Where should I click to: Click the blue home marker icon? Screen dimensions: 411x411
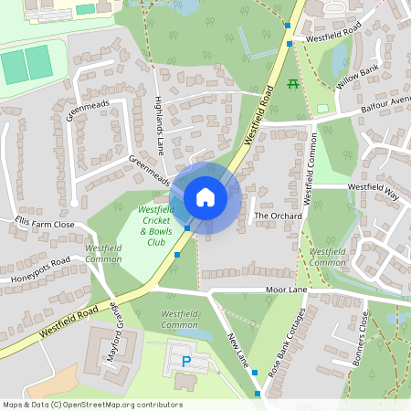pyautogui.click(x=205, y=197)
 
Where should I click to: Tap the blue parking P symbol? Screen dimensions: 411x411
pyautogui.click(x=186, y=362)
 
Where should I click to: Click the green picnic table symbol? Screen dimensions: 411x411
pyautogui.click(x=293, y=85)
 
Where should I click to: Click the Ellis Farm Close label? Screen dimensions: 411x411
pyautogui.click(x=44, y=224)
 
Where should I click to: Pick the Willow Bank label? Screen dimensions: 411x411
pyautogui.click(x=356, y=79)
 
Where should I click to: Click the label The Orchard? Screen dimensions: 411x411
pyautogui.click(x=271, y=216)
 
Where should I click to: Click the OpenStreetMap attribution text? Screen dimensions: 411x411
pyautogui.click(x=92, y=405)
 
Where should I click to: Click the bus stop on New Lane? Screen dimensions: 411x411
pyautogui.click(x=257, y=394)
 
